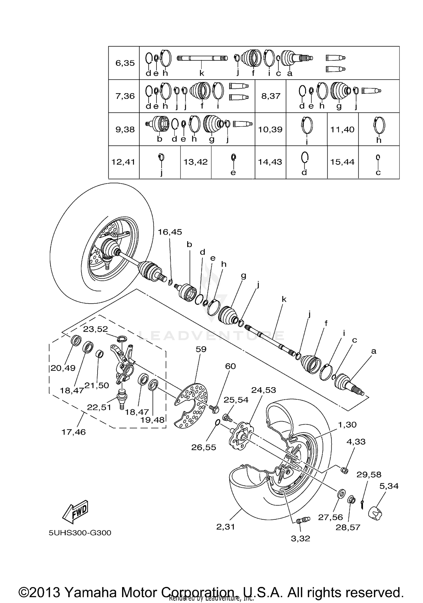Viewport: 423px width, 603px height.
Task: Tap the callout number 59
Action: click(x=201, y=349)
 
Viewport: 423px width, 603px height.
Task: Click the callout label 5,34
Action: click(x=389, y=486)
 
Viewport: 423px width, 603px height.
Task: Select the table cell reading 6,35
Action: click(x=125, y=63)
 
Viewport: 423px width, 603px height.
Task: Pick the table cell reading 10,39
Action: click(x=270, y=129)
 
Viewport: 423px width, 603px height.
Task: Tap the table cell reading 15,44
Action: click(x=342, y=162)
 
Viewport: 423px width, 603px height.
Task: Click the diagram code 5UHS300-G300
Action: click(x=80, y=533)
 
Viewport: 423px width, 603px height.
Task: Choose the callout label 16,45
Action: click(x=170, y=232)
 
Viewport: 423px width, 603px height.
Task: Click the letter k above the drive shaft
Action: click(x=284, y=299)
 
